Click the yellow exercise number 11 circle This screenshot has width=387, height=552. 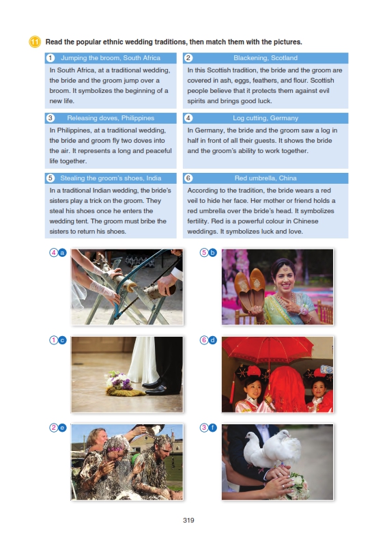35,42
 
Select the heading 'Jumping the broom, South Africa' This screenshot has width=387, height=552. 111,58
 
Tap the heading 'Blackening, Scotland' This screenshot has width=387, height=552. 266,58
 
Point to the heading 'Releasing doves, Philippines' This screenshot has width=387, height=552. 111,118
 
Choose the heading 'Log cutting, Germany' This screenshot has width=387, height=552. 266,118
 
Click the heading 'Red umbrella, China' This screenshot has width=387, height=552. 266,178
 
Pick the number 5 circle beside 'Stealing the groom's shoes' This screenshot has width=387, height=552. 51,178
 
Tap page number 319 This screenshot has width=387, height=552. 188,521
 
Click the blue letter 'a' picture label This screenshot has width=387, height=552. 62,252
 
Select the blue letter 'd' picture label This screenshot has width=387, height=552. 212,340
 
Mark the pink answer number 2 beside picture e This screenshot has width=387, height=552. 53,428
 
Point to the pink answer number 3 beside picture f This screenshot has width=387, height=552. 204,428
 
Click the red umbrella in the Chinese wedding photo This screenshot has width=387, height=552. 268,348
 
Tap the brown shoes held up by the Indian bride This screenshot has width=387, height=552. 250,288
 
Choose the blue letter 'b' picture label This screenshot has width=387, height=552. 212,252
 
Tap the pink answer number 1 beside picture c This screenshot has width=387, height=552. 53,340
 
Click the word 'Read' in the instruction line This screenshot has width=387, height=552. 54,42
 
